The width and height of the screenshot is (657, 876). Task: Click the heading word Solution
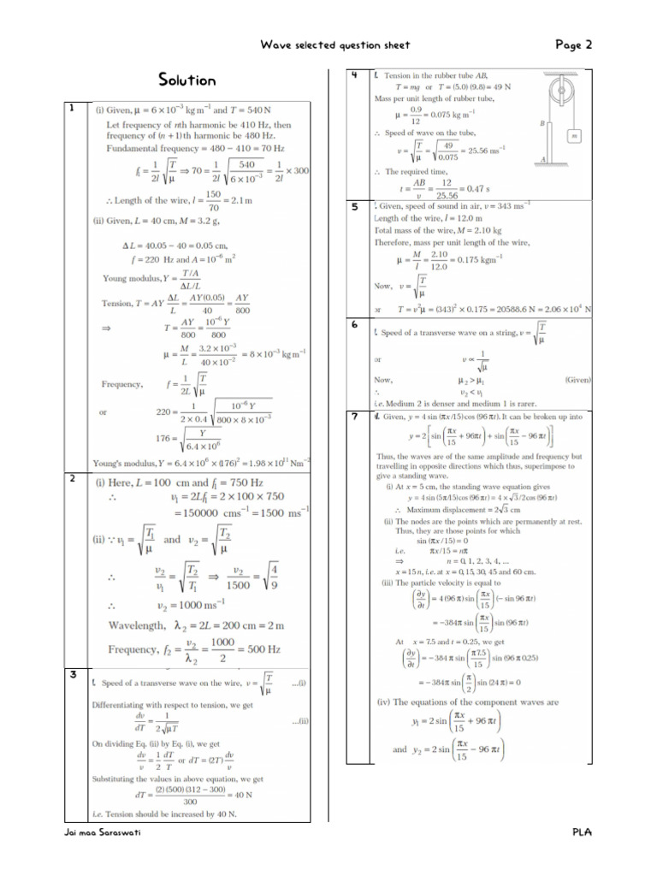point(186,80)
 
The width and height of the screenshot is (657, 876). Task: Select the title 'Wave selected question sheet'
point(335,45)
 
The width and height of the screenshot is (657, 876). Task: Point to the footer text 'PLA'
point(583,832)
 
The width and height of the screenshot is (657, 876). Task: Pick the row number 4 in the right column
point(354,76)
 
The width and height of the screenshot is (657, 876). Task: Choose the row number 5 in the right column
point(354,207)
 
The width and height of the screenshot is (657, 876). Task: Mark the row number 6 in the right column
point(354,325)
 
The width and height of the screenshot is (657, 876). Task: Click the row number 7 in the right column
point(354,417)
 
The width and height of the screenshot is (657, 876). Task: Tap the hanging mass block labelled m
point(574,135)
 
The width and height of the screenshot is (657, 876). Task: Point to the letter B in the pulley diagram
point(542,124)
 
